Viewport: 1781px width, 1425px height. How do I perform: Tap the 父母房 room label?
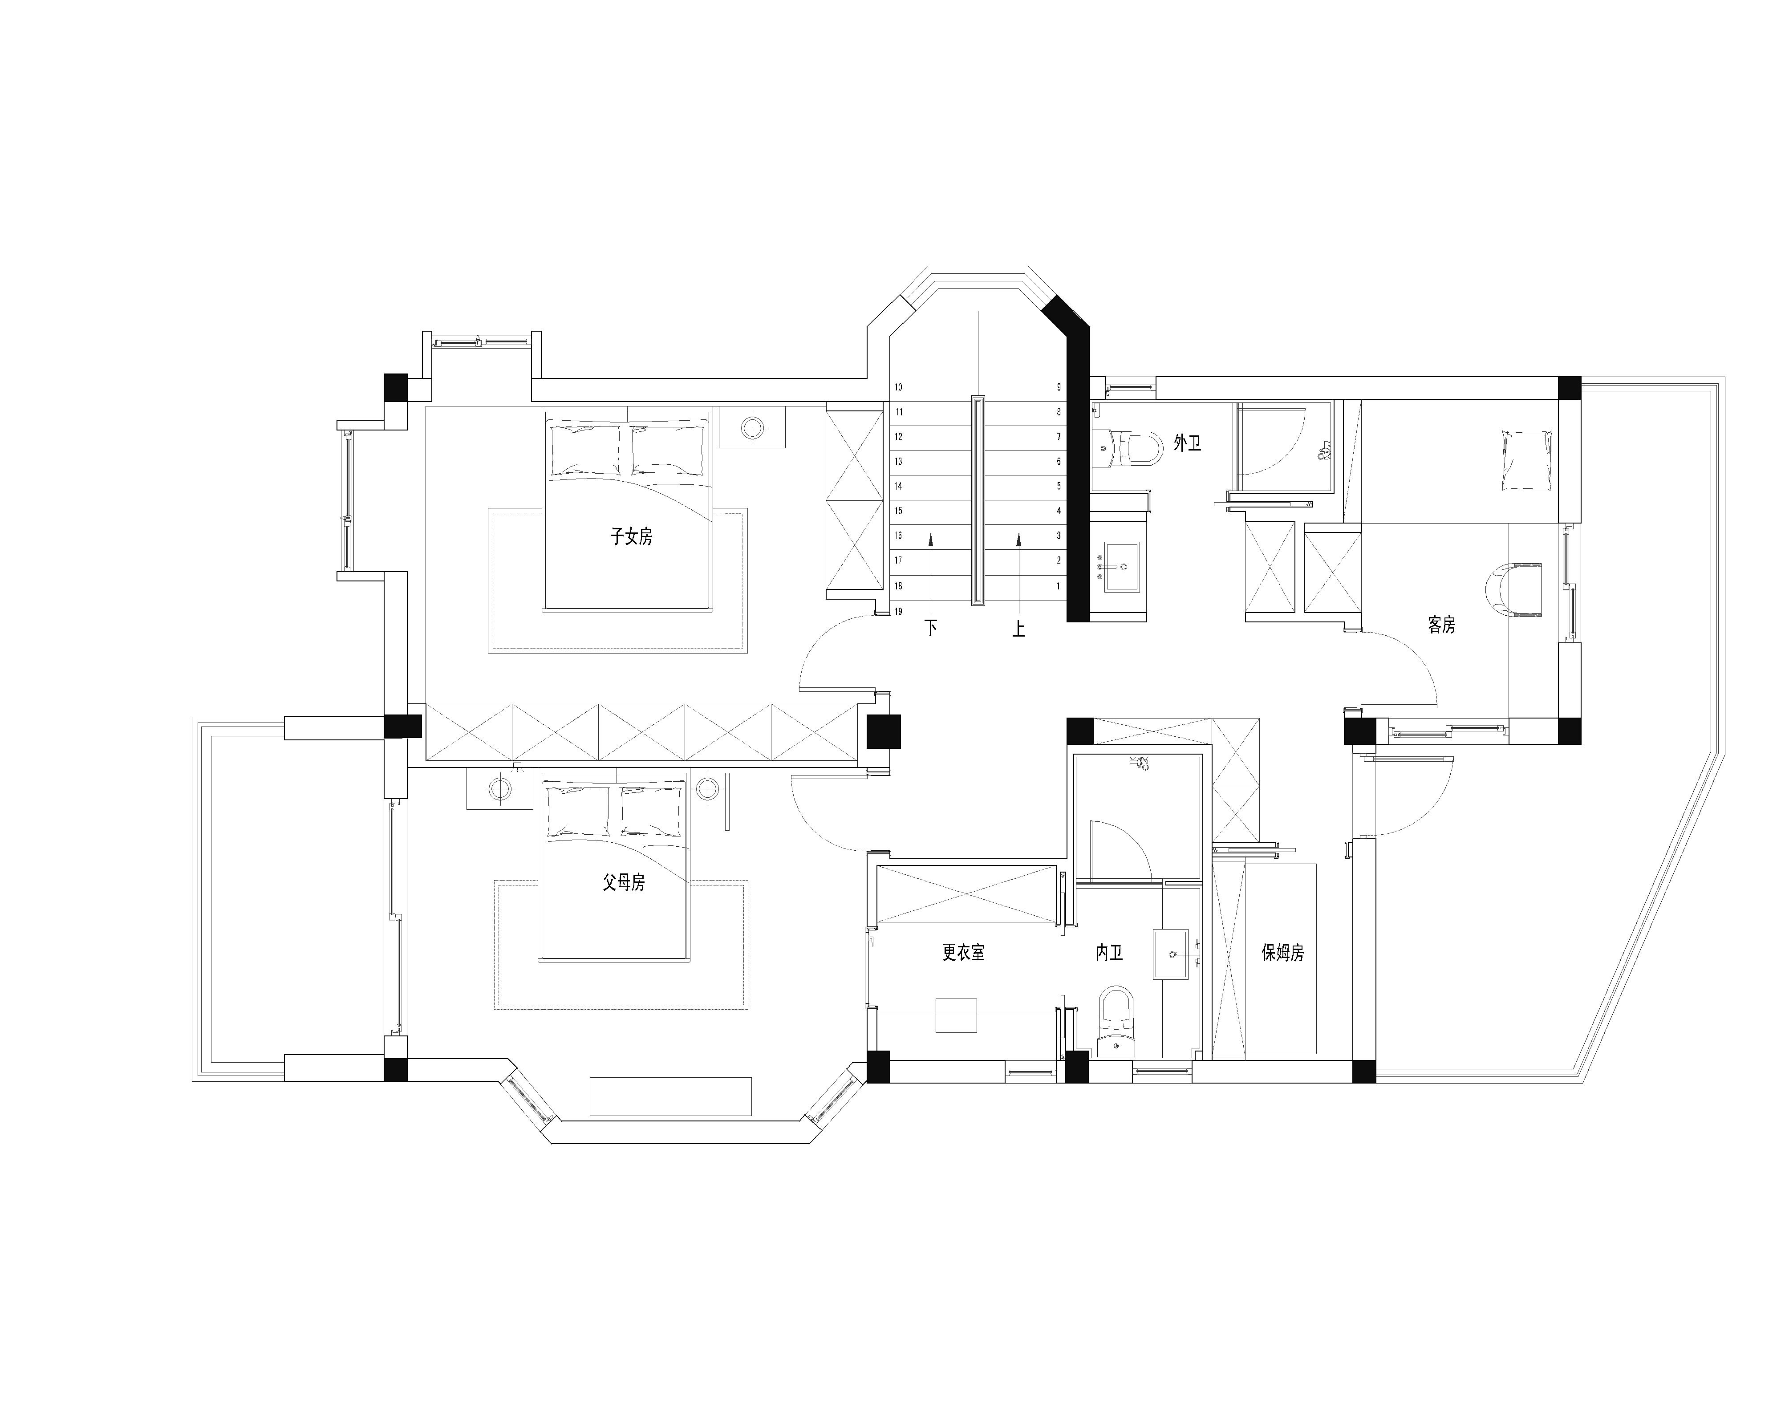(624, 883)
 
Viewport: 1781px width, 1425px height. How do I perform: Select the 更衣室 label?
(963, 953)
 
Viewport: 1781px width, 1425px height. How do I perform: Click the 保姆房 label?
(1283, 953)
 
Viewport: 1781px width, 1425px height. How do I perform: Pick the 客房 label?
(1441, 625)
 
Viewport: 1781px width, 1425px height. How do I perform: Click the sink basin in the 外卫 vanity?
(1122, 568)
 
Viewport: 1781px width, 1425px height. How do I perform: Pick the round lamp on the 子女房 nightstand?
(752, 427)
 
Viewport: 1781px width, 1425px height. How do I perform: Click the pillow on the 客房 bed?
(1526, 461)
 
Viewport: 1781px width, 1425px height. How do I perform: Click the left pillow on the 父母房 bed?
(577, 810)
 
